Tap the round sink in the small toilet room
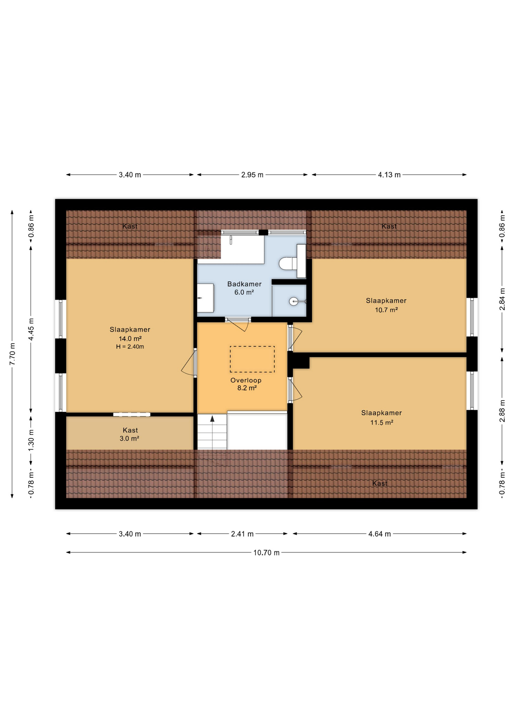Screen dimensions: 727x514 pyautogui.click(x=294, y=301)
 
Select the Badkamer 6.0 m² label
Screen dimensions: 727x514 pyautogui.click(x=244, y=288)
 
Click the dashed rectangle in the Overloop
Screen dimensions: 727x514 pyautogui.click(x=252, y=359)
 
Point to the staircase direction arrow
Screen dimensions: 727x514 pyautogui.click(x=212, y=419)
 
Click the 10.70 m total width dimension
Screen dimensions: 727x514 pyautogui.click(x=266, y=552)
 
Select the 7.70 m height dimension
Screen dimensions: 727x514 pyautogui.click(x=12, y=354)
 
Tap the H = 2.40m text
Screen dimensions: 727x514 pyautogui.click(x=130, y=346)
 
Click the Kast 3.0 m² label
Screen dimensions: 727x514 pyautogui.click(x=130, y=434)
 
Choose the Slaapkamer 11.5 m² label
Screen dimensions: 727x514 pyautogui.click(x=381, y=417)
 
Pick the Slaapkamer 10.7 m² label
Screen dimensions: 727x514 pyautogui.click(x=386, y=305)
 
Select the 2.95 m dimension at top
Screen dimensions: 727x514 pyautogui.click(x=252, y=175)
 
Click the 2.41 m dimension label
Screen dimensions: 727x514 pyautogui.click(x=242, y=534)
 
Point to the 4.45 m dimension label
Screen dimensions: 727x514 pyautogui.click(x=31, y=329)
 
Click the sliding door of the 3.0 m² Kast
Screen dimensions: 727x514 pyautogui.click(x=132, y=414)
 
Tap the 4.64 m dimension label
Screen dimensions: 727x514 pyautogui.click(x=379, y=534)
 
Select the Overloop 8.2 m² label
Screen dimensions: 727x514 pyautogui.click(x=246, y=384)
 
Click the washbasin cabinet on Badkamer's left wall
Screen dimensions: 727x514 pyautogui.click(x=206, y=298)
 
